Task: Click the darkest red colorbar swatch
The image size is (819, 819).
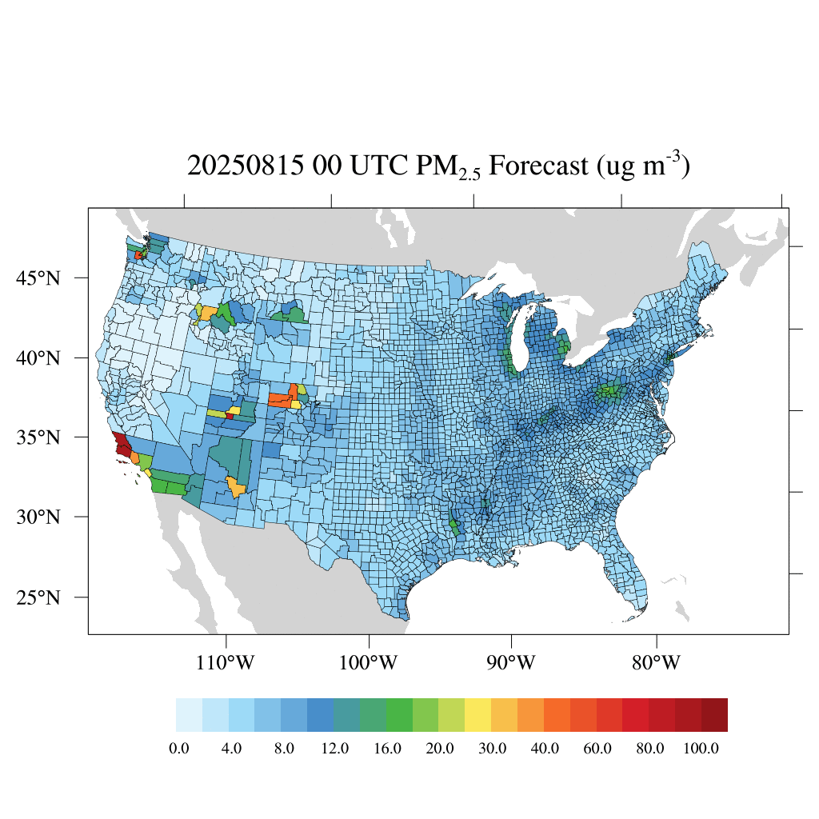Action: [x=714, y=715]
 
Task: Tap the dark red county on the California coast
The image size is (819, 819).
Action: [x=122, y=445]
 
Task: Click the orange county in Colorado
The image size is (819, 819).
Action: [x=281, y=398]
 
